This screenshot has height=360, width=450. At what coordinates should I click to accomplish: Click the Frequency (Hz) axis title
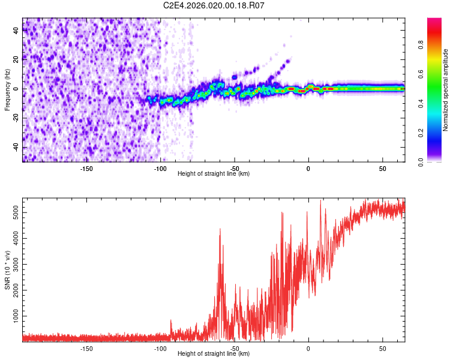(x=7, y=90)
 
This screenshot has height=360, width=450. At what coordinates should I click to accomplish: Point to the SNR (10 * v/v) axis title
(x=7, y=270)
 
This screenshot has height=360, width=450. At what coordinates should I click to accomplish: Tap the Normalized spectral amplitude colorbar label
(x=446, y=90)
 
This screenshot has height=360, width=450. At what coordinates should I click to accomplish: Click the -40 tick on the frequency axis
(x=16, y=148)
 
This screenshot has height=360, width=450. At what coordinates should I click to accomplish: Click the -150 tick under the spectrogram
(x=86, y=169)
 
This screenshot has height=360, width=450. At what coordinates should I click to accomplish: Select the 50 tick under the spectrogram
(x=382, y=169)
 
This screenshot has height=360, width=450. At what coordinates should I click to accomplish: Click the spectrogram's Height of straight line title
(x=214, y=174)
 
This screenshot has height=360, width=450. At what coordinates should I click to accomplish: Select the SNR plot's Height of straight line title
(x=214, y=354)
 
